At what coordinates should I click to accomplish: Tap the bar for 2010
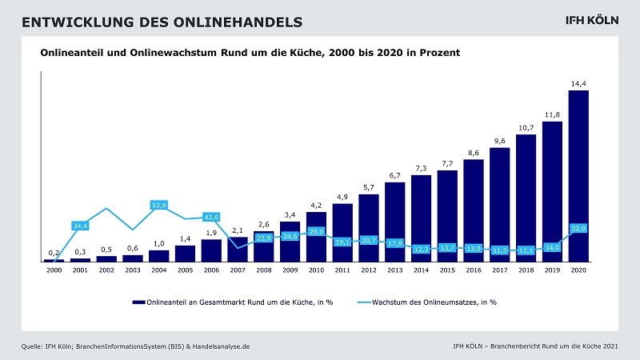(316, 232)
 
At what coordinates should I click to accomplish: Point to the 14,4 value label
(578, 83)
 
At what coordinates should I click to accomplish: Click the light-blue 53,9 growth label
(158, 206)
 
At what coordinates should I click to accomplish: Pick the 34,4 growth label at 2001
(80, 226)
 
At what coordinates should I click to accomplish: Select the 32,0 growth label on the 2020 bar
(578, 228)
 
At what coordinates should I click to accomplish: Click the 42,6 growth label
(211, 217)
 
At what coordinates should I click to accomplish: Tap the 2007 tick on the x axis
(238, 270)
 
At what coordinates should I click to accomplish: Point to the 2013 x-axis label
(394, 270)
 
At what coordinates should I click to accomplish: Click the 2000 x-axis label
(54, 270)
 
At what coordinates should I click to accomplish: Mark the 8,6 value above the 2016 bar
(474, 152)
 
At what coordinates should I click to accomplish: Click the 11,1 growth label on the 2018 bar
(526, 250)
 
